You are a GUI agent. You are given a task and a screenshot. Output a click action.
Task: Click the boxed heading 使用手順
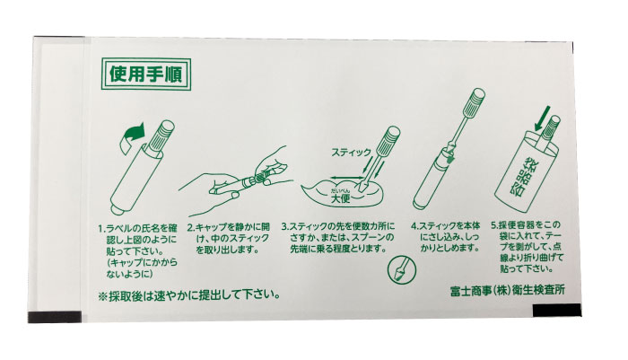(x=145, y=75)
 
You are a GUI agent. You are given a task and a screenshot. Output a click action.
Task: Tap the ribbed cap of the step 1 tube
(x=161, y=136)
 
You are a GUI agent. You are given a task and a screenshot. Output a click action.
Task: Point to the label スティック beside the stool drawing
(x=351, y=152)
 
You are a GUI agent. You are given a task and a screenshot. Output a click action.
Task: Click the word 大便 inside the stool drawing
(x=340, y=198)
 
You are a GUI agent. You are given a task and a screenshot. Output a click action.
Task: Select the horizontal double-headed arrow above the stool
(x=347, y=177)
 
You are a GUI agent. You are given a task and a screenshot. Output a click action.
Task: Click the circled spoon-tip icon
(x=402, y=269)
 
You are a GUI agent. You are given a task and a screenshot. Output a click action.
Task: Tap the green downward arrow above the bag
(x=543, y=119)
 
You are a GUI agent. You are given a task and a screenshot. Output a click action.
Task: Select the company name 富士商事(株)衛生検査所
(x=508, y=290)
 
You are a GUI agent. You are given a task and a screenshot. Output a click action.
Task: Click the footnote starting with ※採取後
(x=189, y=295)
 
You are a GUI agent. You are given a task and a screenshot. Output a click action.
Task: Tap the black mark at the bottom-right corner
(x=557, y=311)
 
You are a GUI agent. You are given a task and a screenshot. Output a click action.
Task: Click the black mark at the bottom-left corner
(x=55, y=317)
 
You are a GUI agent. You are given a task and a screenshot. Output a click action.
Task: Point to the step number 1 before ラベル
(x=100, y=229)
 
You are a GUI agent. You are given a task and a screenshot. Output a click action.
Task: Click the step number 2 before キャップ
(x=190, y=227)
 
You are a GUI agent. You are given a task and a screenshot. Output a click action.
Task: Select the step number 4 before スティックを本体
(x=414, y=225)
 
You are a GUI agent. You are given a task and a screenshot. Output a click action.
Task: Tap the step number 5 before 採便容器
(x=494, y=225)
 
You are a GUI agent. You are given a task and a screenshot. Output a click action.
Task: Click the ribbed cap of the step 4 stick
(x=475, y=99)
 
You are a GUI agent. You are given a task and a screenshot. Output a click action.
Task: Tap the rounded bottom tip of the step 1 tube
(x=116, y=210)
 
